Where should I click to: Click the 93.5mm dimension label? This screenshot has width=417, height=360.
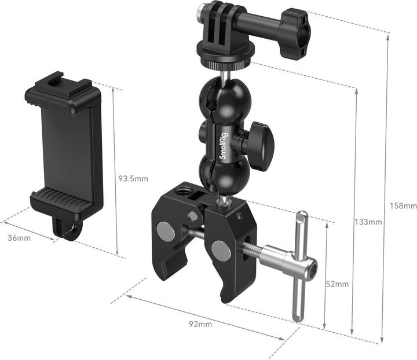(x=133, y=178)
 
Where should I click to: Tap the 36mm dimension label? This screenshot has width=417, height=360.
(x=19, y=238)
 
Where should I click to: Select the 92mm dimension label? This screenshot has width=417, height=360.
(x=200, y=324)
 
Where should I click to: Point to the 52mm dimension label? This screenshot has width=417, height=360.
(x=337, y=284)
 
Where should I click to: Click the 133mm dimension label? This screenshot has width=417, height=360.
(x=368, y=222)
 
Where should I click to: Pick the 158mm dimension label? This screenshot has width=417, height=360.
(x=403, y=205)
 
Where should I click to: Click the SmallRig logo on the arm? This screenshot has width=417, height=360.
(x=222, y=146)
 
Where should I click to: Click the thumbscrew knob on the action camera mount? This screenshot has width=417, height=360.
(x=294, y=34)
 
